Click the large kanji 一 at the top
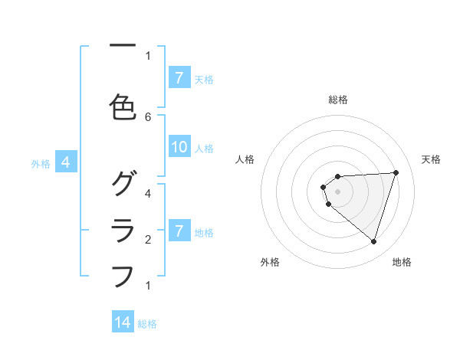(122, 45)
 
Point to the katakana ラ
(123, 229)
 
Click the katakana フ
(123, 275)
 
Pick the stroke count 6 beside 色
(148, 116)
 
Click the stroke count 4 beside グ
(148, 193)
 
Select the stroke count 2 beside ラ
(148, 239)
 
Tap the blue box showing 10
(179, 148)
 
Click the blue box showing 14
(123, 322)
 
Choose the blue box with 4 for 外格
(66, 162)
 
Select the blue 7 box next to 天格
(179, 77)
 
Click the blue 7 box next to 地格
(179, 231)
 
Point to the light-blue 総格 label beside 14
(147, 324)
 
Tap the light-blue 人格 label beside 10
(204, 149)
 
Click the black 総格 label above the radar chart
(337, 100)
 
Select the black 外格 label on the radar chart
(270, 262)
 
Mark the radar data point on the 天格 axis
(396, 172)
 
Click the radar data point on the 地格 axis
(373, 241)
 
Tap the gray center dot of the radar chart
(337, 191)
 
